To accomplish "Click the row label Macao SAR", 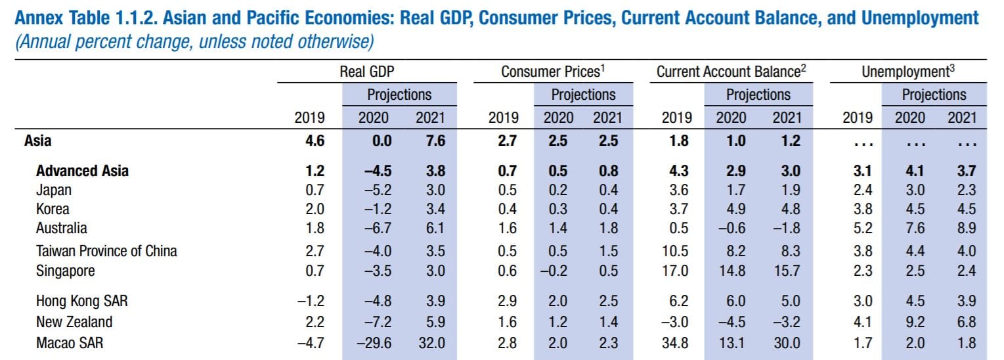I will pos(69,342).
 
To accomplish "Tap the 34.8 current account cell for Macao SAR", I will pos(676,342).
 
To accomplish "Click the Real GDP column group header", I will pos(367,72).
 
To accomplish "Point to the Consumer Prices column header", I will pos(553,72).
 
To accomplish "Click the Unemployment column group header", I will pos(907,72).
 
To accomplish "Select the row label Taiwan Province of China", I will pos(106,251).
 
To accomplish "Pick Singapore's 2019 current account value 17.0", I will pos(676,271).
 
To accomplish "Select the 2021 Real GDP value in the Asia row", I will pos(431,141).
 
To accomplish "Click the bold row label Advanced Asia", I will pos(82,171).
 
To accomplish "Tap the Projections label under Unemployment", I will pos(934,95).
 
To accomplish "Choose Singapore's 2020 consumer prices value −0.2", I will pos(556,271).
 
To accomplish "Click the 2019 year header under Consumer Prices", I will pos(503,118).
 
